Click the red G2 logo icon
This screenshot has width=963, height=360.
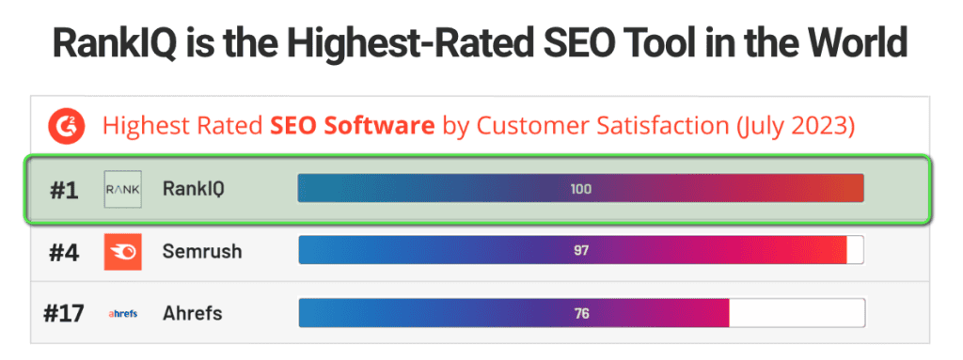67,126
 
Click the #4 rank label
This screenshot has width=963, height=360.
63,252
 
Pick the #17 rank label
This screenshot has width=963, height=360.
64,313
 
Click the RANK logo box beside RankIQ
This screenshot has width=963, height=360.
122,189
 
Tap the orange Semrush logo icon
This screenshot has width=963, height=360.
122,252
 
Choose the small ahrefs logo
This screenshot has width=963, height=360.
122,314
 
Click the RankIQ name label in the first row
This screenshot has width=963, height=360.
193,189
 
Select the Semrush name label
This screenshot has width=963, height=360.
201,252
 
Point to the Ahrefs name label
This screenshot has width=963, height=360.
193,313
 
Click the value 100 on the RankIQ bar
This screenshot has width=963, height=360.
580,189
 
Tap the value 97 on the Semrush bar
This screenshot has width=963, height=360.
580,251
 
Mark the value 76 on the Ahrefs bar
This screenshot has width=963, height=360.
580,313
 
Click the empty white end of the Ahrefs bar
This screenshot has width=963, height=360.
797,313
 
